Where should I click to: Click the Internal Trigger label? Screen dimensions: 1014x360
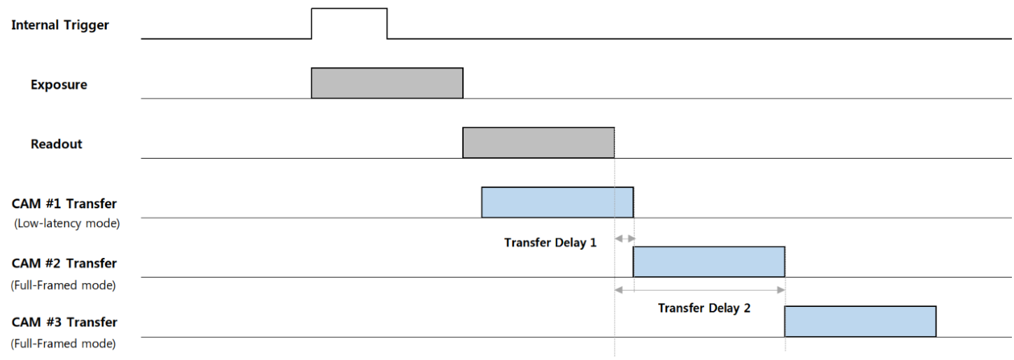59,25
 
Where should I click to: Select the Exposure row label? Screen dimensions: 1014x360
59,85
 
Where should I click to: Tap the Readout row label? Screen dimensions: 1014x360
56,144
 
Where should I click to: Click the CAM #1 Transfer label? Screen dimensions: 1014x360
64,204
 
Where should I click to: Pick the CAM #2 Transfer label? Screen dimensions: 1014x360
64,264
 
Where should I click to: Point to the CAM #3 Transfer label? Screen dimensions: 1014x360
64,322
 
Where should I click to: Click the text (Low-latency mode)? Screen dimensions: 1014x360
67,224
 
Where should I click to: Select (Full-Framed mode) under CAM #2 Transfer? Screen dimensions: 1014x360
64,285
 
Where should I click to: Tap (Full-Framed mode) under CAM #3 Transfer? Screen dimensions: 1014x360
64,344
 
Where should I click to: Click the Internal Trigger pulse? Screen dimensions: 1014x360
349,8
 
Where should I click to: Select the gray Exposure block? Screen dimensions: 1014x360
387,82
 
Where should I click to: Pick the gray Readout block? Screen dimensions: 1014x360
538,143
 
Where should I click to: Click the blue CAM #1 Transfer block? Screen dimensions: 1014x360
557,202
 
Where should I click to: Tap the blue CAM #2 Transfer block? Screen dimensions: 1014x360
709,262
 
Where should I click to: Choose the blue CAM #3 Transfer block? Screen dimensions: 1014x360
860,321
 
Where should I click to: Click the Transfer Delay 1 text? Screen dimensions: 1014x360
550,243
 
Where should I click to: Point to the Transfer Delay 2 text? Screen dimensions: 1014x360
704,308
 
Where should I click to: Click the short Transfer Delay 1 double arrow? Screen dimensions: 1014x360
624,238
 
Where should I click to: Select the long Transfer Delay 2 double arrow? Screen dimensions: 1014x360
700,290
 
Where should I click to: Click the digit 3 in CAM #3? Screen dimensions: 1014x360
57,322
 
